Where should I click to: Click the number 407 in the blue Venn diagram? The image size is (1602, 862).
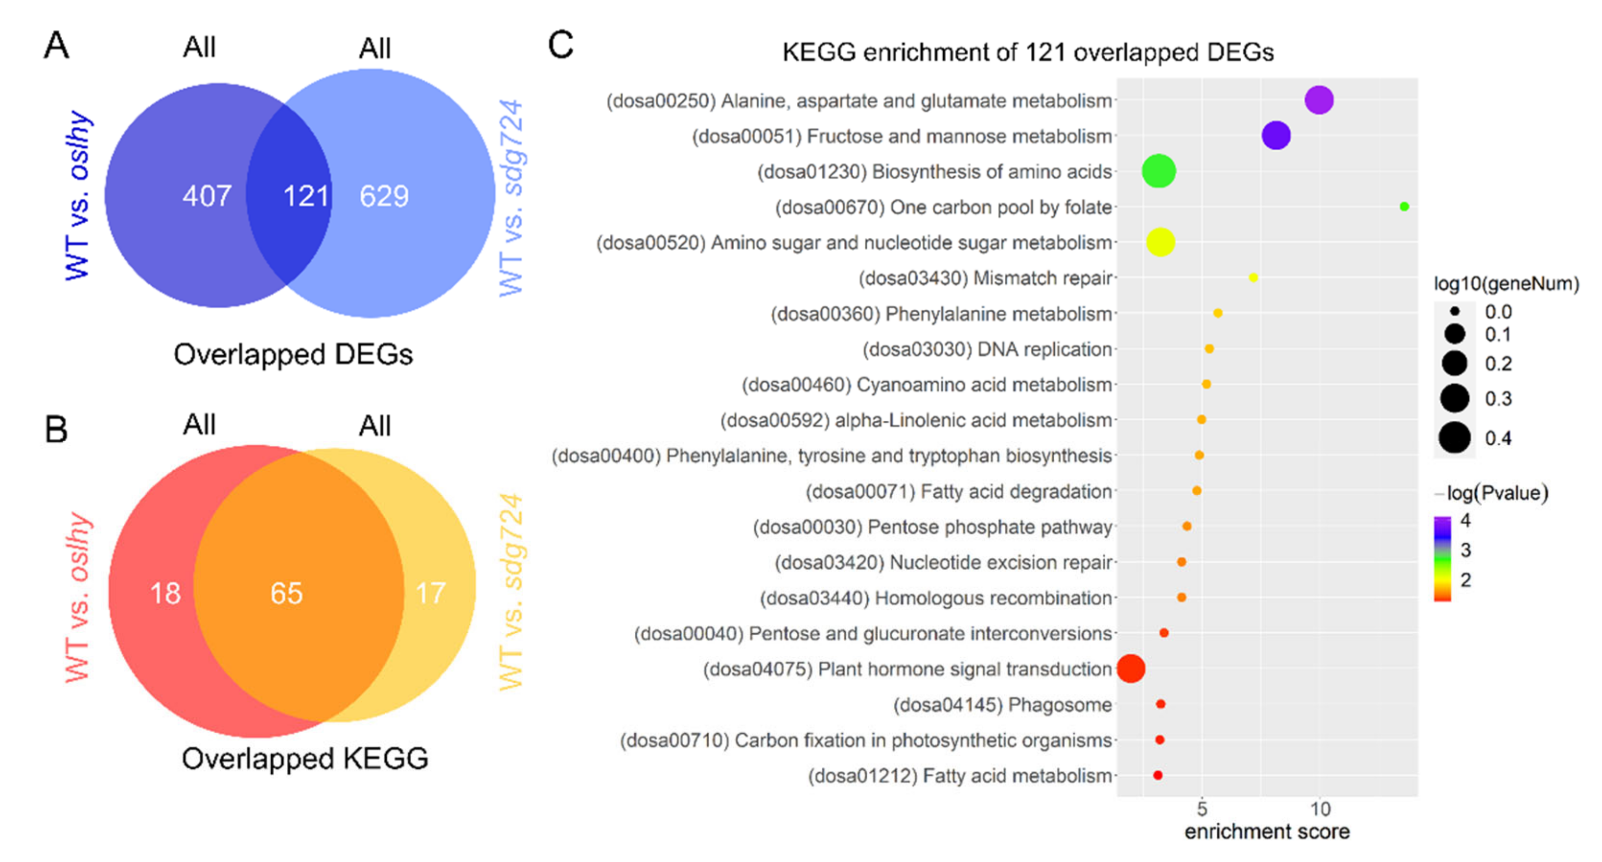click(x=206, y=197)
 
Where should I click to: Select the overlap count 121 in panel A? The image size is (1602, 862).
click(x=305, y=197)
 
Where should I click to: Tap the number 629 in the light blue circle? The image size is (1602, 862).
click(x=384, y=197)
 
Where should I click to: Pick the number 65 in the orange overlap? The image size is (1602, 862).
click(x=286, y=592)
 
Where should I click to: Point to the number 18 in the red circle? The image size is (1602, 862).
click(x=166, y=592)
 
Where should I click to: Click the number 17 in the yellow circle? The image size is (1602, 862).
click(x=431, y=592)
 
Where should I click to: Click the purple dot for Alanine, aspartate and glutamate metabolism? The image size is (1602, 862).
click(x=1319, y=100)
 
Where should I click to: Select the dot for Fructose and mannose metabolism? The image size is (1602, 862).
click(x=1276, y=136)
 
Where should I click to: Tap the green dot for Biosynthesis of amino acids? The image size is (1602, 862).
click(x=1159, y=171)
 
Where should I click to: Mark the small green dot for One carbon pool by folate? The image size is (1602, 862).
click(x=1404, y=206)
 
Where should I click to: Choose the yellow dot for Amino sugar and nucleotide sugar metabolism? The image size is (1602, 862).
click(x=1160, y=242)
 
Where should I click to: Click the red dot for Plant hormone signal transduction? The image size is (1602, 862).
click(x=1131, y=668)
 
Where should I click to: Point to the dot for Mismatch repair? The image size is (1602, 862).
click(x=1253, y=277)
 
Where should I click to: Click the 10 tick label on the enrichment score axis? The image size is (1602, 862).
click(x=1320, y=809)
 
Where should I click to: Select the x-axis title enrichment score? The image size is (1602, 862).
click(x=1267, y=832)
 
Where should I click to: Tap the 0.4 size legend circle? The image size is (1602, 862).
click(x=1454, y=438)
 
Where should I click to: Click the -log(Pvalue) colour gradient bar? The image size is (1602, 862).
click(x=1442, y=558)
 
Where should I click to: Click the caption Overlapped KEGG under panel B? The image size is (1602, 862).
click(x=305, y=759)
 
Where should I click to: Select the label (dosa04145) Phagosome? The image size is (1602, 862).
click(x=1002, y=705)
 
